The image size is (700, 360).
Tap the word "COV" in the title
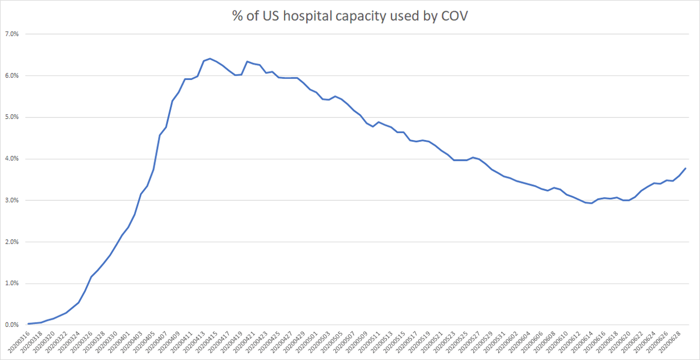coord(454,18)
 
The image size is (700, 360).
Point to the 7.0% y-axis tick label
coord(12,34)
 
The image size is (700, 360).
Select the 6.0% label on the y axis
coord(12,76)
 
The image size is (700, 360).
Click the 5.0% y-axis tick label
coord(12,117)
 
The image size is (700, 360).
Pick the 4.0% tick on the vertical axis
coord(12,159)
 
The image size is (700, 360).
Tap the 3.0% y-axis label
coord(12,200)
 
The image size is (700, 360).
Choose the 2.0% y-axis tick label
coord(12,242)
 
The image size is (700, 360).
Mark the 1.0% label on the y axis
coord(12,284)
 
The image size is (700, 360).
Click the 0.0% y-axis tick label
coord(12,325)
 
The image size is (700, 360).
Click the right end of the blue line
coord(685,168)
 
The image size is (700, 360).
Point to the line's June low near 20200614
coord(591,203)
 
